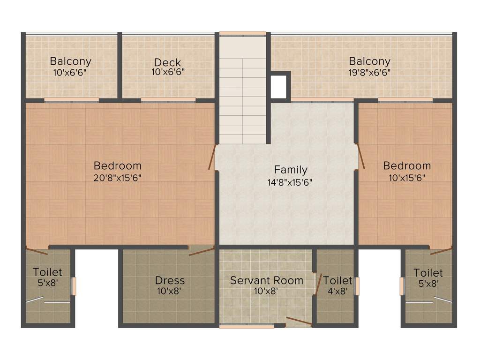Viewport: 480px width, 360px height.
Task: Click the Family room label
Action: point(291,170)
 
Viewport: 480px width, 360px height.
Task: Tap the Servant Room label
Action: point(266,280)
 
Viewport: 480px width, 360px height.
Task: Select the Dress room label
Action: point(170,281)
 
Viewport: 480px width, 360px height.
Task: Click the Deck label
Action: point(167,62)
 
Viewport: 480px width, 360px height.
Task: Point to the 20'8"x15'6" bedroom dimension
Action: point(118,178)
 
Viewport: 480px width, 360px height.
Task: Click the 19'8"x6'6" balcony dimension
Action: point(369,72)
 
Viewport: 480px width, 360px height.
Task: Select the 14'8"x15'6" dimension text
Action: point(290,182)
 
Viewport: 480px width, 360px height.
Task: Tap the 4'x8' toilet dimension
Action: point(337,291)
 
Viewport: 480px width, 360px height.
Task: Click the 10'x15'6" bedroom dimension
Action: point(406,178)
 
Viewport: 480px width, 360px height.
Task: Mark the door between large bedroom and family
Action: point(212,157)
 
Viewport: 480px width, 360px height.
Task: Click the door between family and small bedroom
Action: point(361,157)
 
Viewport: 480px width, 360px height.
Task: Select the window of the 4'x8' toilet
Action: point(357,286)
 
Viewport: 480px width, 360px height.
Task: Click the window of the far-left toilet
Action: point(73,286)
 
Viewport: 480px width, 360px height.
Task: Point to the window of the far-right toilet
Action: point(402,286)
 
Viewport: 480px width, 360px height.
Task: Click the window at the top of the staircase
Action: point(243,33)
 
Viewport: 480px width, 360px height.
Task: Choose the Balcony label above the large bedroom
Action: point(70,61)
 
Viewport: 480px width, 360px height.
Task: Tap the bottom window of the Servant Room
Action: point(247,326)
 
